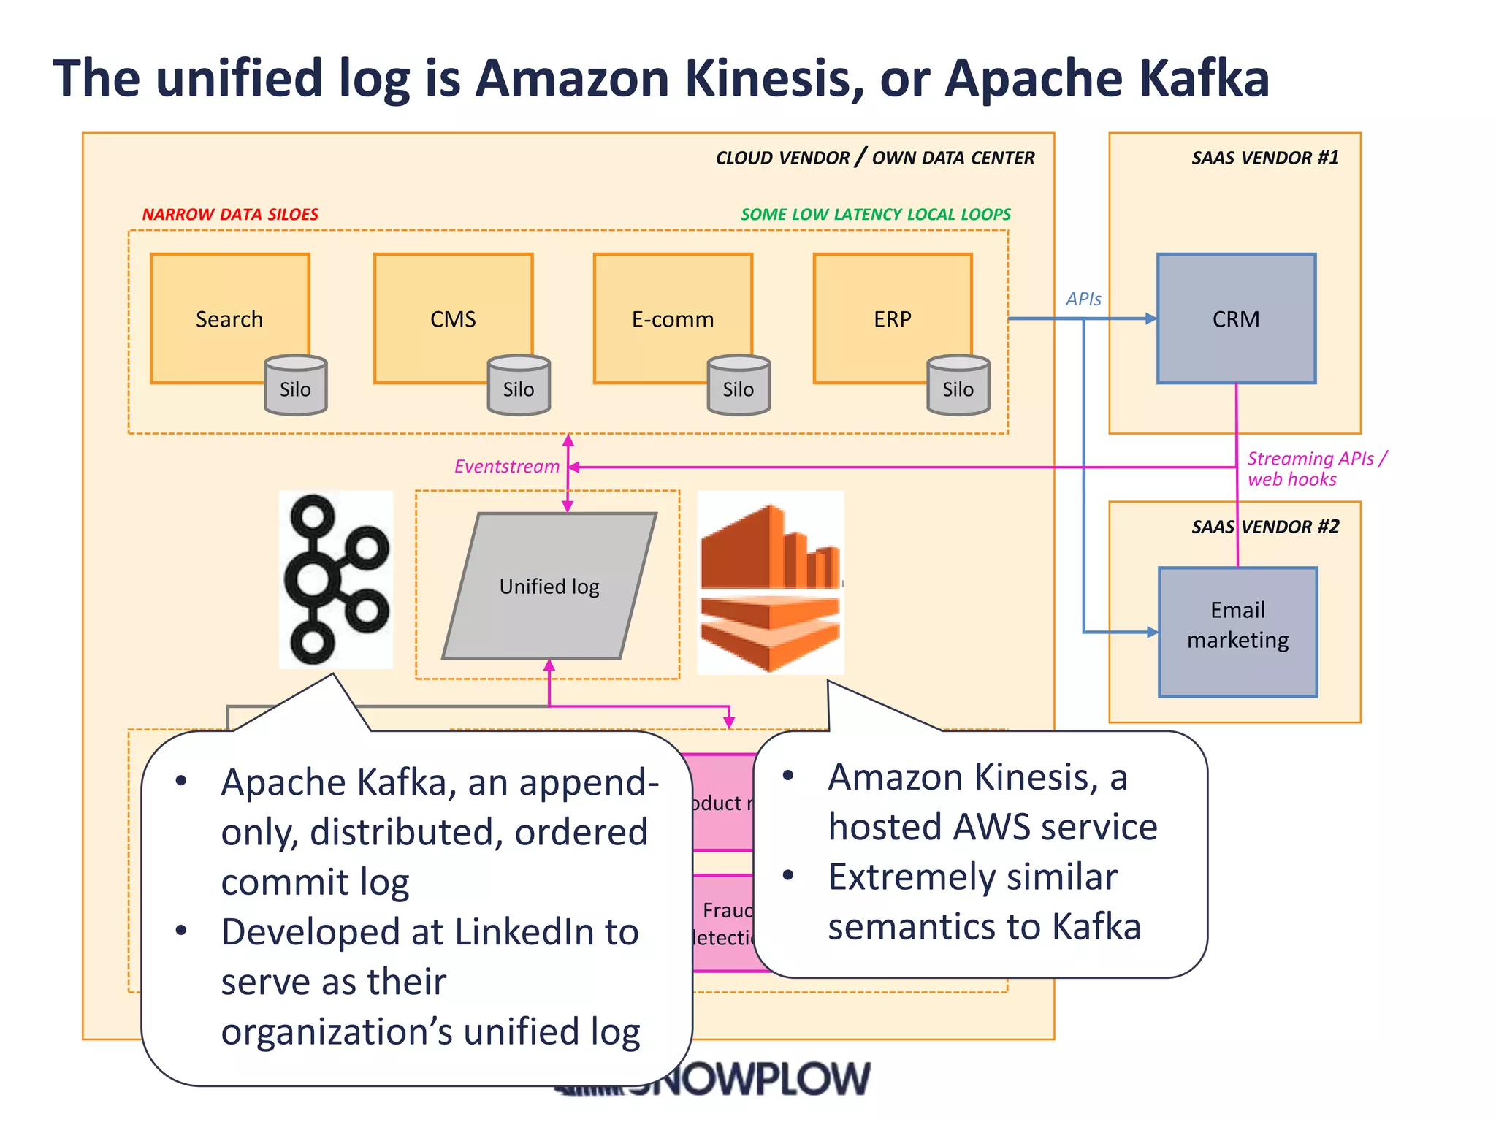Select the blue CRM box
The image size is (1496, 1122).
point(1236,318)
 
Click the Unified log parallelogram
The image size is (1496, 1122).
point(549,586)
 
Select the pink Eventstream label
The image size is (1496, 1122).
point(506,467)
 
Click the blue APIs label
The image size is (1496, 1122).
point(1083,299)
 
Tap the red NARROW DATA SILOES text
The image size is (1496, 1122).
point(230,214)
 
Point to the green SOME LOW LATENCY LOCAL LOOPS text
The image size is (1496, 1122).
point(875,214)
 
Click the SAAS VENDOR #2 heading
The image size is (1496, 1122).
point(1265,527)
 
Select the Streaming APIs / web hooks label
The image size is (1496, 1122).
point(1315,468)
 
